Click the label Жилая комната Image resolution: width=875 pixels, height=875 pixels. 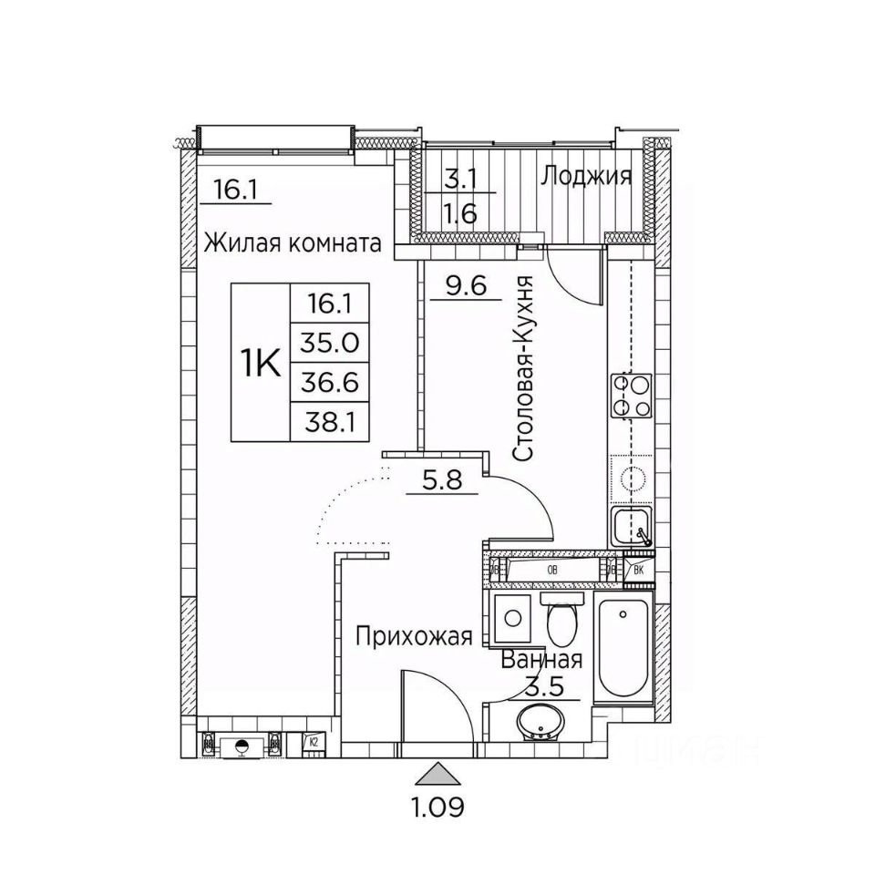pyautogui.click(x=292, y=243)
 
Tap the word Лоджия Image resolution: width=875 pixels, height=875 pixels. pyautogui.click(x=586, y=176)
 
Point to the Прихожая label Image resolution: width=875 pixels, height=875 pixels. pyautogui.click(x=415, y=636)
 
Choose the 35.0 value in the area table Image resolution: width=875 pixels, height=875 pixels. pyautogui.click(x=330, y=344)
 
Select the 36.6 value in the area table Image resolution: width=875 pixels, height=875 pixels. pyautogui.click(x=330, y=383)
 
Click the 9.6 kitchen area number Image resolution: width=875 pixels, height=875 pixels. pyautogui.click(x=466, y=287)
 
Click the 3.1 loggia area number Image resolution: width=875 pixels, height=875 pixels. pyautogui.click(x=460, y=178)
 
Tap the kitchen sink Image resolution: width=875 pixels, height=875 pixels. pyautogui.click(x=631, y=527)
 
